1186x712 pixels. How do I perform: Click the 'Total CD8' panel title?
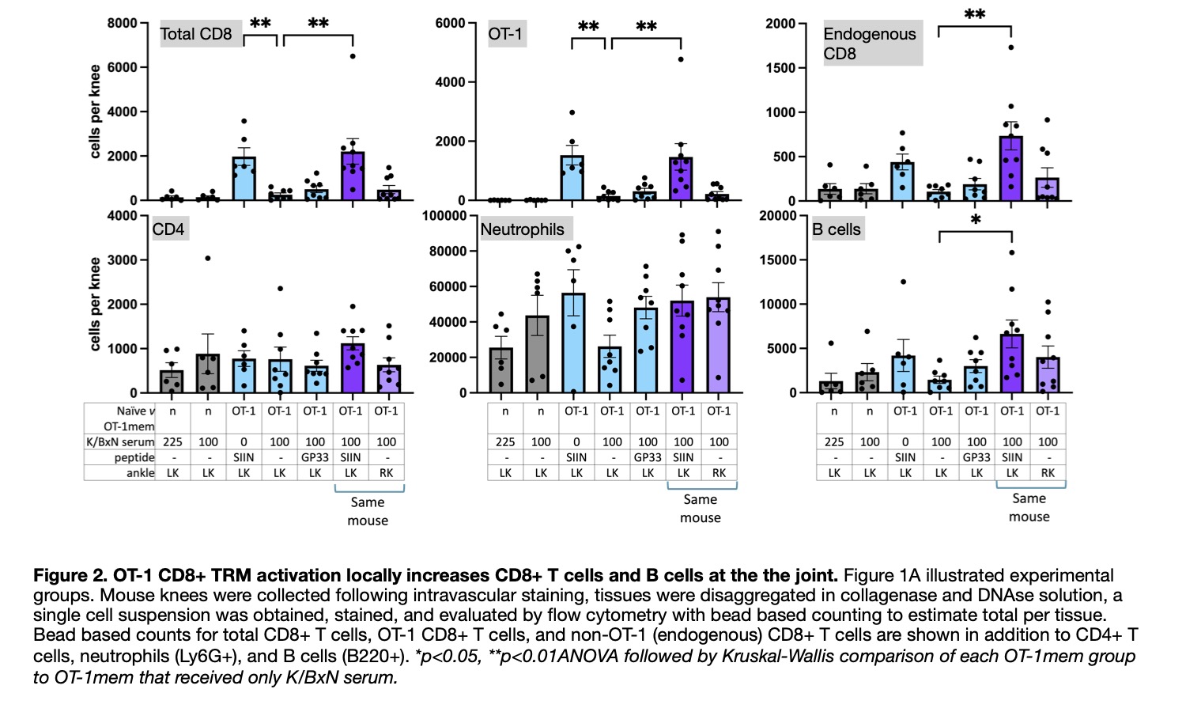(x=196, y=34)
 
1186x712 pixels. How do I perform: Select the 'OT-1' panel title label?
(x=504, y=34)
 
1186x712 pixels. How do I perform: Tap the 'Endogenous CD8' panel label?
(x=869, y=44)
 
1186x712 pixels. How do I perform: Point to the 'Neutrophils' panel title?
(x=522, y=229)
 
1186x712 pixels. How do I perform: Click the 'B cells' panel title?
(x=836, y=229)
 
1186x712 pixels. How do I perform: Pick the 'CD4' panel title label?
(x=168, y=229)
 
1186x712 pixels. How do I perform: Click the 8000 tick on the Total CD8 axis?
(x=122, y=24)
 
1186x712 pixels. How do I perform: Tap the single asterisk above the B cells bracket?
(x=976, y=220)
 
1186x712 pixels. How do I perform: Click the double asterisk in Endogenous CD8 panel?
(x=975, y=15)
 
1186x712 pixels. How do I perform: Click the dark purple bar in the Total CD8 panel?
(x=352, y=176)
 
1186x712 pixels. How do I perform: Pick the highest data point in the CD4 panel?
(x=208, y=259)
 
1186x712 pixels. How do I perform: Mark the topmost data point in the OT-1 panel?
(x=680, y=59)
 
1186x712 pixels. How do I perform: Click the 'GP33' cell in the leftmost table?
(x=315, y=457)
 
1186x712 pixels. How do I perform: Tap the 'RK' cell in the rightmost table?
(x=1048, y=473)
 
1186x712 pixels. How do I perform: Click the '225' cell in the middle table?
(x=505, y=442)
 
